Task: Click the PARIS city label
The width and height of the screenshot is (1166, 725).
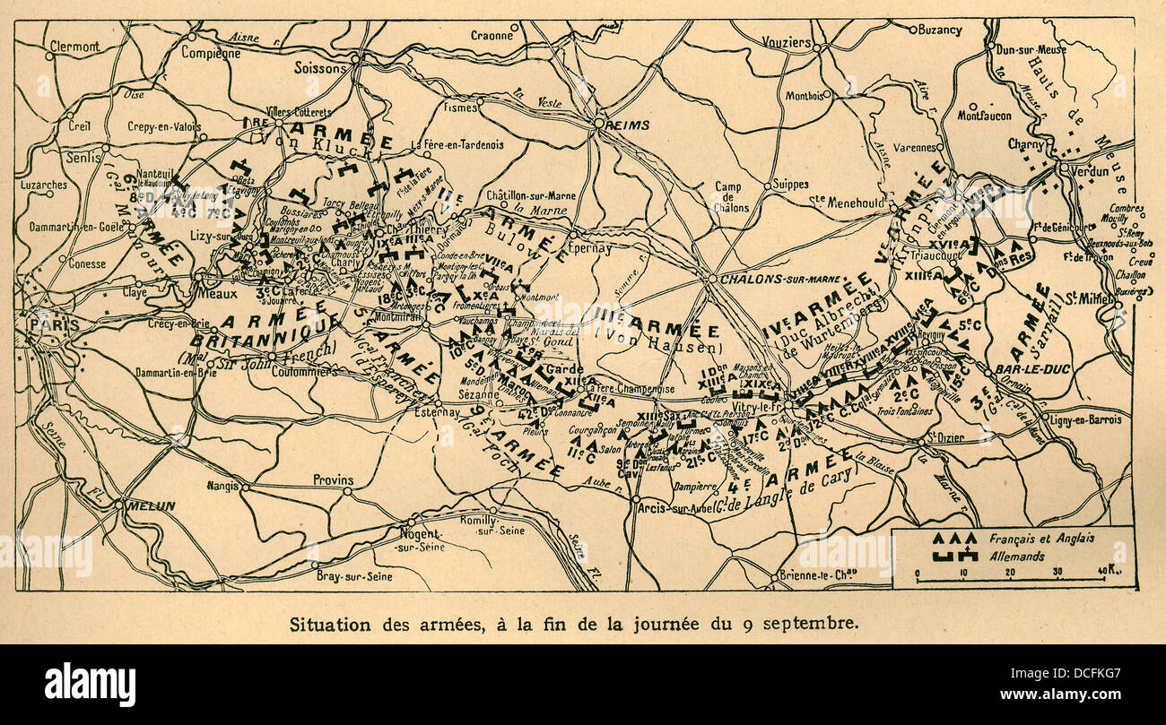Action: [x=54, y=324]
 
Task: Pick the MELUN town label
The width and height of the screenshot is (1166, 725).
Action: [x=150, y=506]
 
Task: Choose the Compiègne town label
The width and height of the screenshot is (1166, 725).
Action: [x=212, y=53]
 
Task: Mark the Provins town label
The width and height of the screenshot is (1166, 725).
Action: [x=333, y=480]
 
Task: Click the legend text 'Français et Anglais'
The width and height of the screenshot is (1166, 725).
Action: [x=1041, y=539]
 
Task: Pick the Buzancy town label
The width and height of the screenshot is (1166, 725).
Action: [x=939, y=30]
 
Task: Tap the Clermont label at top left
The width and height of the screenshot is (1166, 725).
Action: [x=74, y=46]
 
